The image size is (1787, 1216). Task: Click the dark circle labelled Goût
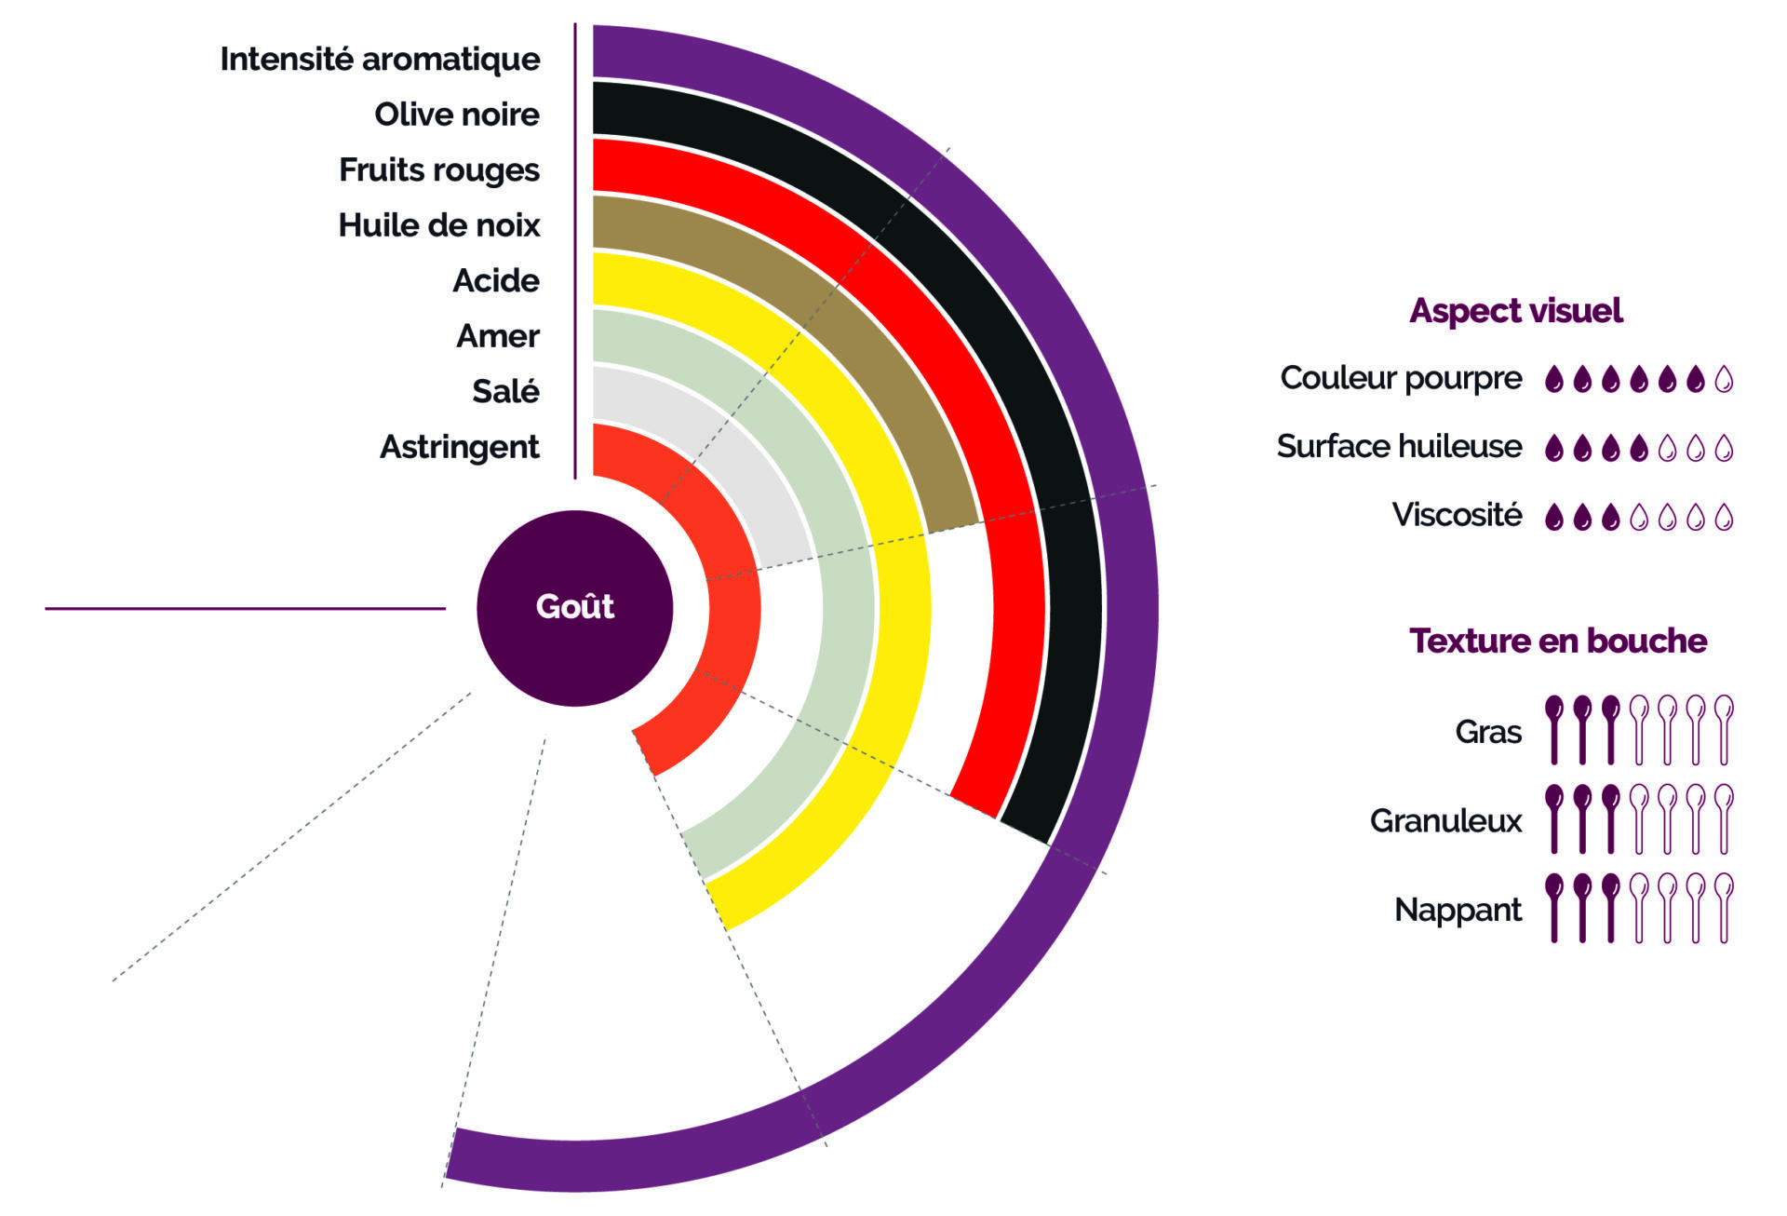tap(574, 607)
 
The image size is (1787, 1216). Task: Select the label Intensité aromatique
tap(380, 59)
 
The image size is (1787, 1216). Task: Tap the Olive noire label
tap(456, 115)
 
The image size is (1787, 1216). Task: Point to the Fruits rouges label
tap(438, 169)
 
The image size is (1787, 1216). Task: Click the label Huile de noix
tap(438, 225)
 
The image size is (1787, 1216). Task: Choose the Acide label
tap(495, 280)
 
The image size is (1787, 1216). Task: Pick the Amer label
tap(497, 335)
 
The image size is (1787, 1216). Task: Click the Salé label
tap(505, 391)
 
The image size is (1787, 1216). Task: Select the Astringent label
tap(459, 447)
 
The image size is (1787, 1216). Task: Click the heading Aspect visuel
tap(1515, 310)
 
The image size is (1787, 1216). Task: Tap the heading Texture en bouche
tap(1557, 641)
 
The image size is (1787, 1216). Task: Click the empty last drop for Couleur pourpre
tap(1724, 379)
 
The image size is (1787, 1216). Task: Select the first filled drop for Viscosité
tap(1553, 517)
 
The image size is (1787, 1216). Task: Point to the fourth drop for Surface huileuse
tap(1639, 449)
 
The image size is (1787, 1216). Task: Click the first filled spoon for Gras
tap(1553, 730)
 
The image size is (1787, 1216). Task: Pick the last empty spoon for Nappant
tap(1724, 908)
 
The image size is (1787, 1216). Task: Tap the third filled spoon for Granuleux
tap(1610, 819)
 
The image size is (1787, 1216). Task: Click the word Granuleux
tap(1445, 820)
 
